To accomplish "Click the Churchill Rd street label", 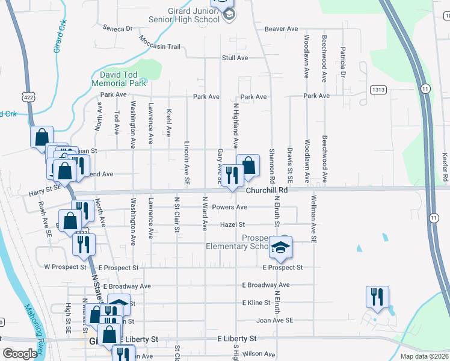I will tap(267, 190).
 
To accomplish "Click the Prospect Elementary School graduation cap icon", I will tap(280, 245).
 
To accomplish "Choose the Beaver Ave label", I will tap(282, 28).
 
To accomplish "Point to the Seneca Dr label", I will tap(117, 28).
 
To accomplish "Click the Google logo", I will tap(20, 354).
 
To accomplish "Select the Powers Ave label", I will tap(233, 207).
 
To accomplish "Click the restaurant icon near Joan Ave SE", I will tap(377, 297).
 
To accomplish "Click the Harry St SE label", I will tap(45, 188).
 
